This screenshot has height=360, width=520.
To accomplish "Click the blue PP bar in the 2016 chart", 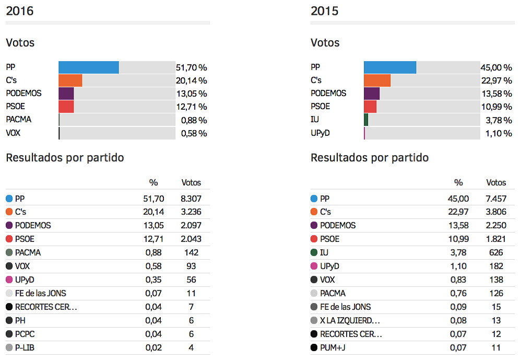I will point(89,67).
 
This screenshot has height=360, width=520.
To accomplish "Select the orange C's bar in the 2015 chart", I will point(377,80).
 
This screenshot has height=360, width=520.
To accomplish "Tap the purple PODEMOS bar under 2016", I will point(66,94).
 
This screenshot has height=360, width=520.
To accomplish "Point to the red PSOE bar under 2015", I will point(370,107).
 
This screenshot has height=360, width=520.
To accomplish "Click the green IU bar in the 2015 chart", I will point(366,120).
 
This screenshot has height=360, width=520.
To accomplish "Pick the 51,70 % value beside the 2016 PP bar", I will point(191,67).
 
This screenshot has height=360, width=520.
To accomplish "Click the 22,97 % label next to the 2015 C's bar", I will point(496,80).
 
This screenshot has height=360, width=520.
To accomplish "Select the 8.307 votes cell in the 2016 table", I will point(191,199).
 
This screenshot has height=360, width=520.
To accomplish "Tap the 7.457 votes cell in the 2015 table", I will point(496,199).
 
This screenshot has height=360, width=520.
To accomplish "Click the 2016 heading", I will point(20,11).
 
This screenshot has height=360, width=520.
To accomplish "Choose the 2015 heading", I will point(325,11).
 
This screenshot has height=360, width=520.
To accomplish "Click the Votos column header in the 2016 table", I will point(191,183).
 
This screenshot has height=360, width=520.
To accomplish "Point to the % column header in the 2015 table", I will point(458,183).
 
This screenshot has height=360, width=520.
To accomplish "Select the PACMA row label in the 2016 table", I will point(28,252).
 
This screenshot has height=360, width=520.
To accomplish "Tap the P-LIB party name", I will point(25,347).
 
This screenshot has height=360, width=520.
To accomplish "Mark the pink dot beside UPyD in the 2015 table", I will point(314,266).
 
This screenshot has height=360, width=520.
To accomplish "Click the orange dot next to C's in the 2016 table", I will point(9,212).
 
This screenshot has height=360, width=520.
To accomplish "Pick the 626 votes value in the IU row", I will point(496,252).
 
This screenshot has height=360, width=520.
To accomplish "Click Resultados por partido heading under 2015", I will point(370,158).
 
